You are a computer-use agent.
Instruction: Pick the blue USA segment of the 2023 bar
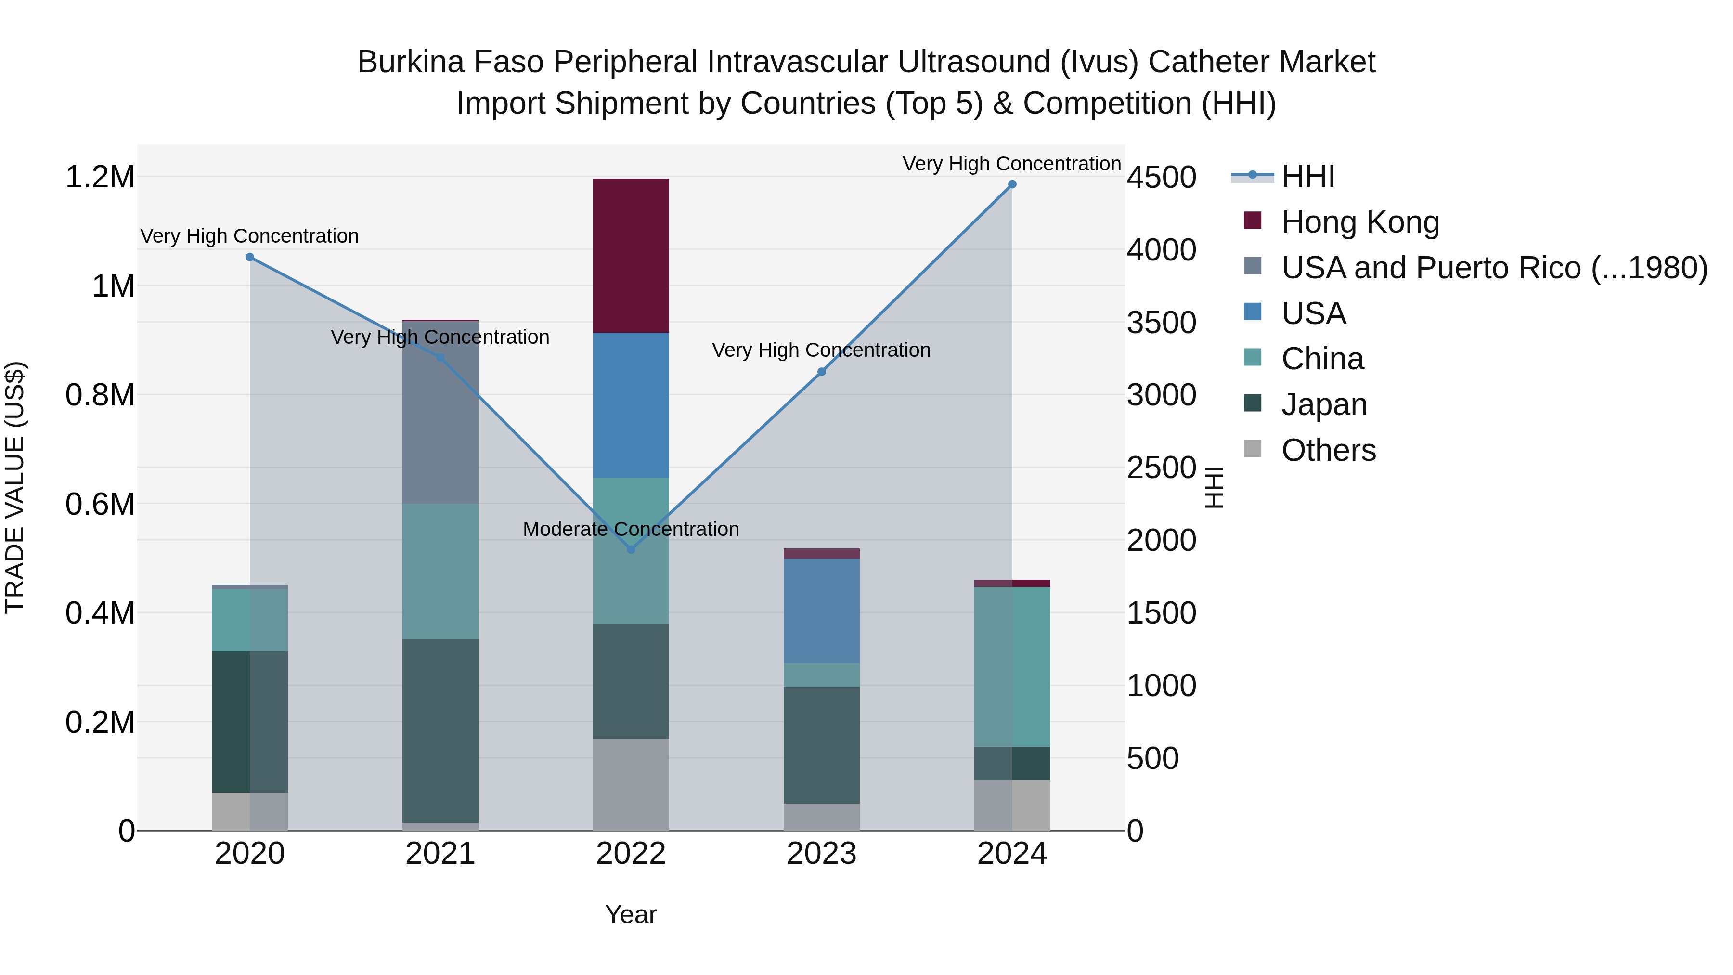[x=821, y=611]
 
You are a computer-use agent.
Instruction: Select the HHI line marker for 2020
[x=249, y=257]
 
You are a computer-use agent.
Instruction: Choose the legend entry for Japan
[x=1323, y=404]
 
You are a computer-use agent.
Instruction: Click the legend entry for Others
[x=1328, y=450]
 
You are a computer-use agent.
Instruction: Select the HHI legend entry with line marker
[x=1307, y=176]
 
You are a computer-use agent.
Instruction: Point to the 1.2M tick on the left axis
[x=100, y=177]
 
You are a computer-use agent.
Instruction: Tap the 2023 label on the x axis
[x=821, y=854]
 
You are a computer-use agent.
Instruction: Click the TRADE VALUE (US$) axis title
[x=15, y=487]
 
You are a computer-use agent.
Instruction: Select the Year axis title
[x=630, y=914]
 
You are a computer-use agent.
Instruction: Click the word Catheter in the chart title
[x=1199, y=62]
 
